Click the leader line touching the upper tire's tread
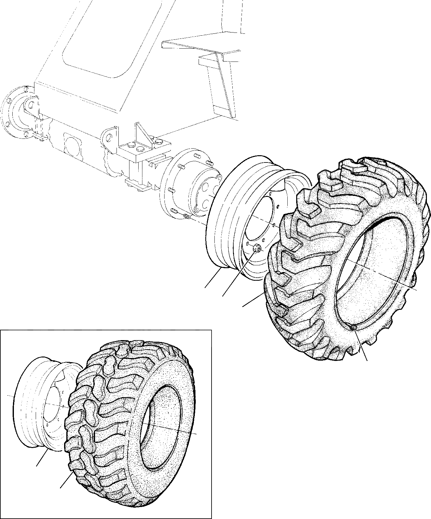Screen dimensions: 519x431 pyautogui.click(x=253, y=300)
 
